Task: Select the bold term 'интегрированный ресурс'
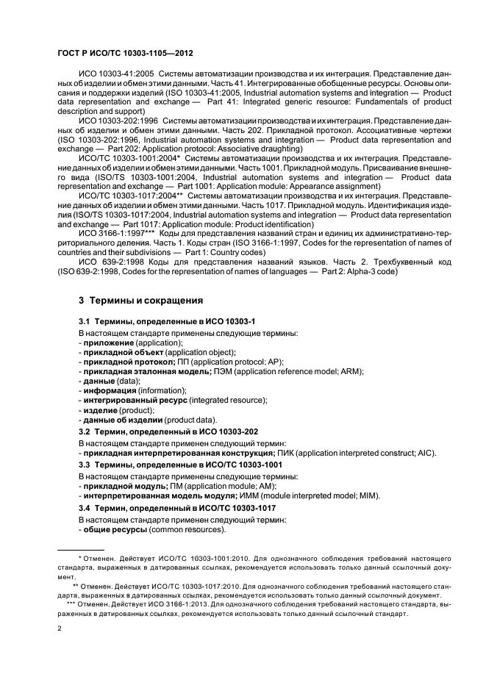click(x=135, y=400)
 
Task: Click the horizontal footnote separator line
click(x=80, y=550)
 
